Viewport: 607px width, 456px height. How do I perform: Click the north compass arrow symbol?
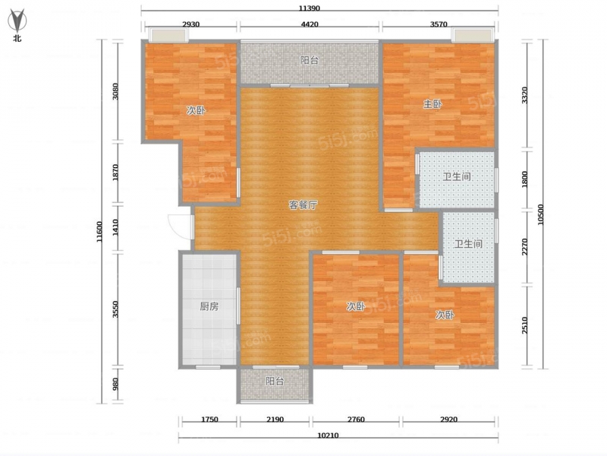(x=17, y=21)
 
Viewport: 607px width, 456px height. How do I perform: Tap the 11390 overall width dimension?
(x=309, y=8)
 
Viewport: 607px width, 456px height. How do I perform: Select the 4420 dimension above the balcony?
(x=310, y=24)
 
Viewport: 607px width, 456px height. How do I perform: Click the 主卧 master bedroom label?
(x=432, y=104)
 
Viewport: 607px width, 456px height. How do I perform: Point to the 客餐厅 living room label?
(x=303, y=205)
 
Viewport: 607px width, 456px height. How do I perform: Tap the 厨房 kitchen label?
(x=209, y=307)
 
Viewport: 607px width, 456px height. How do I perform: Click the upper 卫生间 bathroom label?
(x=457, y=177)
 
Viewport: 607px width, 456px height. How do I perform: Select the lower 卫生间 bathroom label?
(x=468, y=244)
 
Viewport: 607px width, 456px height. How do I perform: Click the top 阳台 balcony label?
(x=310, y=61)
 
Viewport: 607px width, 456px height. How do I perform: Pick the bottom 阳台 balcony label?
(x=275, y=382)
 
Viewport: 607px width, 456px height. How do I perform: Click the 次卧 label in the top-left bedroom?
(x=196, y=111)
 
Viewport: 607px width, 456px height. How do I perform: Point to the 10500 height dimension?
(x=541, y=214)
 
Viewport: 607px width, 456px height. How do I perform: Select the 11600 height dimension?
(x=99, y=232)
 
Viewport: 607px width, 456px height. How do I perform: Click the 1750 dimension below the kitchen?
(x=209, y=420)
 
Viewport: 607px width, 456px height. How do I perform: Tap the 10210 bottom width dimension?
(x=328, y=435)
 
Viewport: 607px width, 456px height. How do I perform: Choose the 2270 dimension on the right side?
(x=524, y=247)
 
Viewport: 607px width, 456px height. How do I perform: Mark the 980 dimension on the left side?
(x=115, y=385)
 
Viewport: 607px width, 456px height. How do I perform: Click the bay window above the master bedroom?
(x=473, y=35)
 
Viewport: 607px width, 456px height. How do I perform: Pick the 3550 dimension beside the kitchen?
(x=115, y=309)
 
